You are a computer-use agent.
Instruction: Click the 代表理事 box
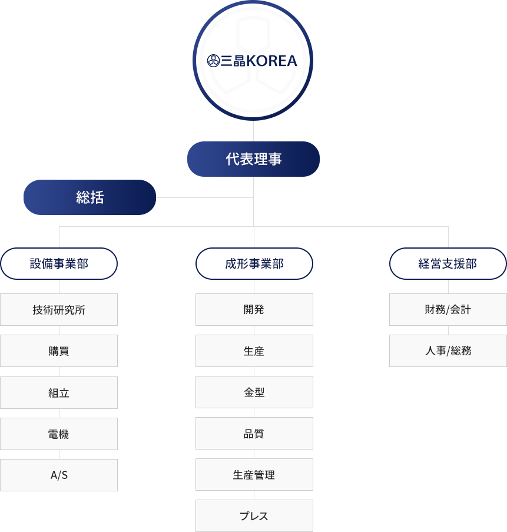point(253,159)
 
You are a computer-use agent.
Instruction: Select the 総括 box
point(90,197)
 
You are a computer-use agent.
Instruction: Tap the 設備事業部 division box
point(59,263)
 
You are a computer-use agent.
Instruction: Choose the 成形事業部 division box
point(254,263)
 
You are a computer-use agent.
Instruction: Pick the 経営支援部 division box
point(448,263)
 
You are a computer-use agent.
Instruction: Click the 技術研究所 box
point(59,310)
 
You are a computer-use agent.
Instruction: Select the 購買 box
point(59,351)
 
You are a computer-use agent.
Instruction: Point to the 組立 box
point(59,392)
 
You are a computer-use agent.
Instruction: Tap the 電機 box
point(59,434)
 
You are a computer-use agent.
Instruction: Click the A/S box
point(59,475)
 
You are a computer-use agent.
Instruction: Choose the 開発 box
point(254,310)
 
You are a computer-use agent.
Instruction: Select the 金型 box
point(254,392)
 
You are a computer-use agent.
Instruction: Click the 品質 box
point(254,434)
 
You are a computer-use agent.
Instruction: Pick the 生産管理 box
point(254,475)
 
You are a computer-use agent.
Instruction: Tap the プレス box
point(254,516)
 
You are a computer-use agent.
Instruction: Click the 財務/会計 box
point(448,310)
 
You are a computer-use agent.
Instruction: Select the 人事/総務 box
point(448,351)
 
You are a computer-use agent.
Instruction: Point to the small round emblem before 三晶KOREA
point(213,61)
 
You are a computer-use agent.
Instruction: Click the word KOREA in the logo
point(271,61)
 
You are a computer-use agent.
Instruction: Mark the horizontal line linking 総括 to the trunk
point(205,197)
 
